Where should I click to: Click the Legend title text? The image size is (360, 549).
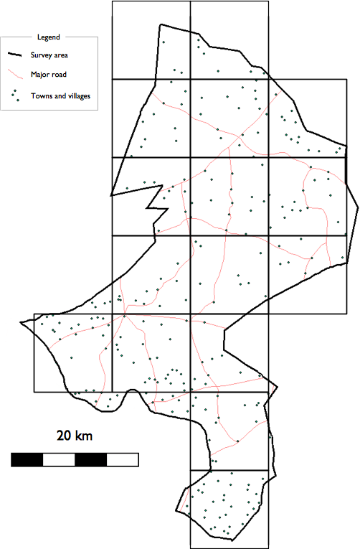(x=48, y=37)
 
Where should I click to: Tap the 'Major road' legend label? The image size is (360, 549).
(x=49, y=74)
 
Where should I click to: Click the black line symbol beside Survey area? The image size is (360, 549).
(x=15, y=55)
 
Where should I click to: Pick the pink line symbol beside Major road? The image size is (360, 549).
(x=15, y=74)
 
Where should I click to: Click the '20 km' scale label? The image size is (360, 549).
(x=75, y=436)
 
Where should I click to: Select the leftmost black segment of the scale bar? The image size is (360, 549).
(x=27, y=460)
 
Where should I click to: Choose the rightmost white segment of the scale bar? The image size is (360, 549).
(x=122, y=460)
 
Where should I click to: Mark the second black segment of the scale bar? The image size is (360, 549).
(x=90, y=460)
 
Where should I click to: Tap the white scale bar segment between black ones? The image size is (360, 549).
(x=59, y=460)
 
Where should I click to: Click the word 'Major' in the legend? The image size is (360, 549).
(x=41, y=74)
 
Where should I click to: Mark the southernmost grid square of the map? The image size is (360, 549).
(x=229, y=509)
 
